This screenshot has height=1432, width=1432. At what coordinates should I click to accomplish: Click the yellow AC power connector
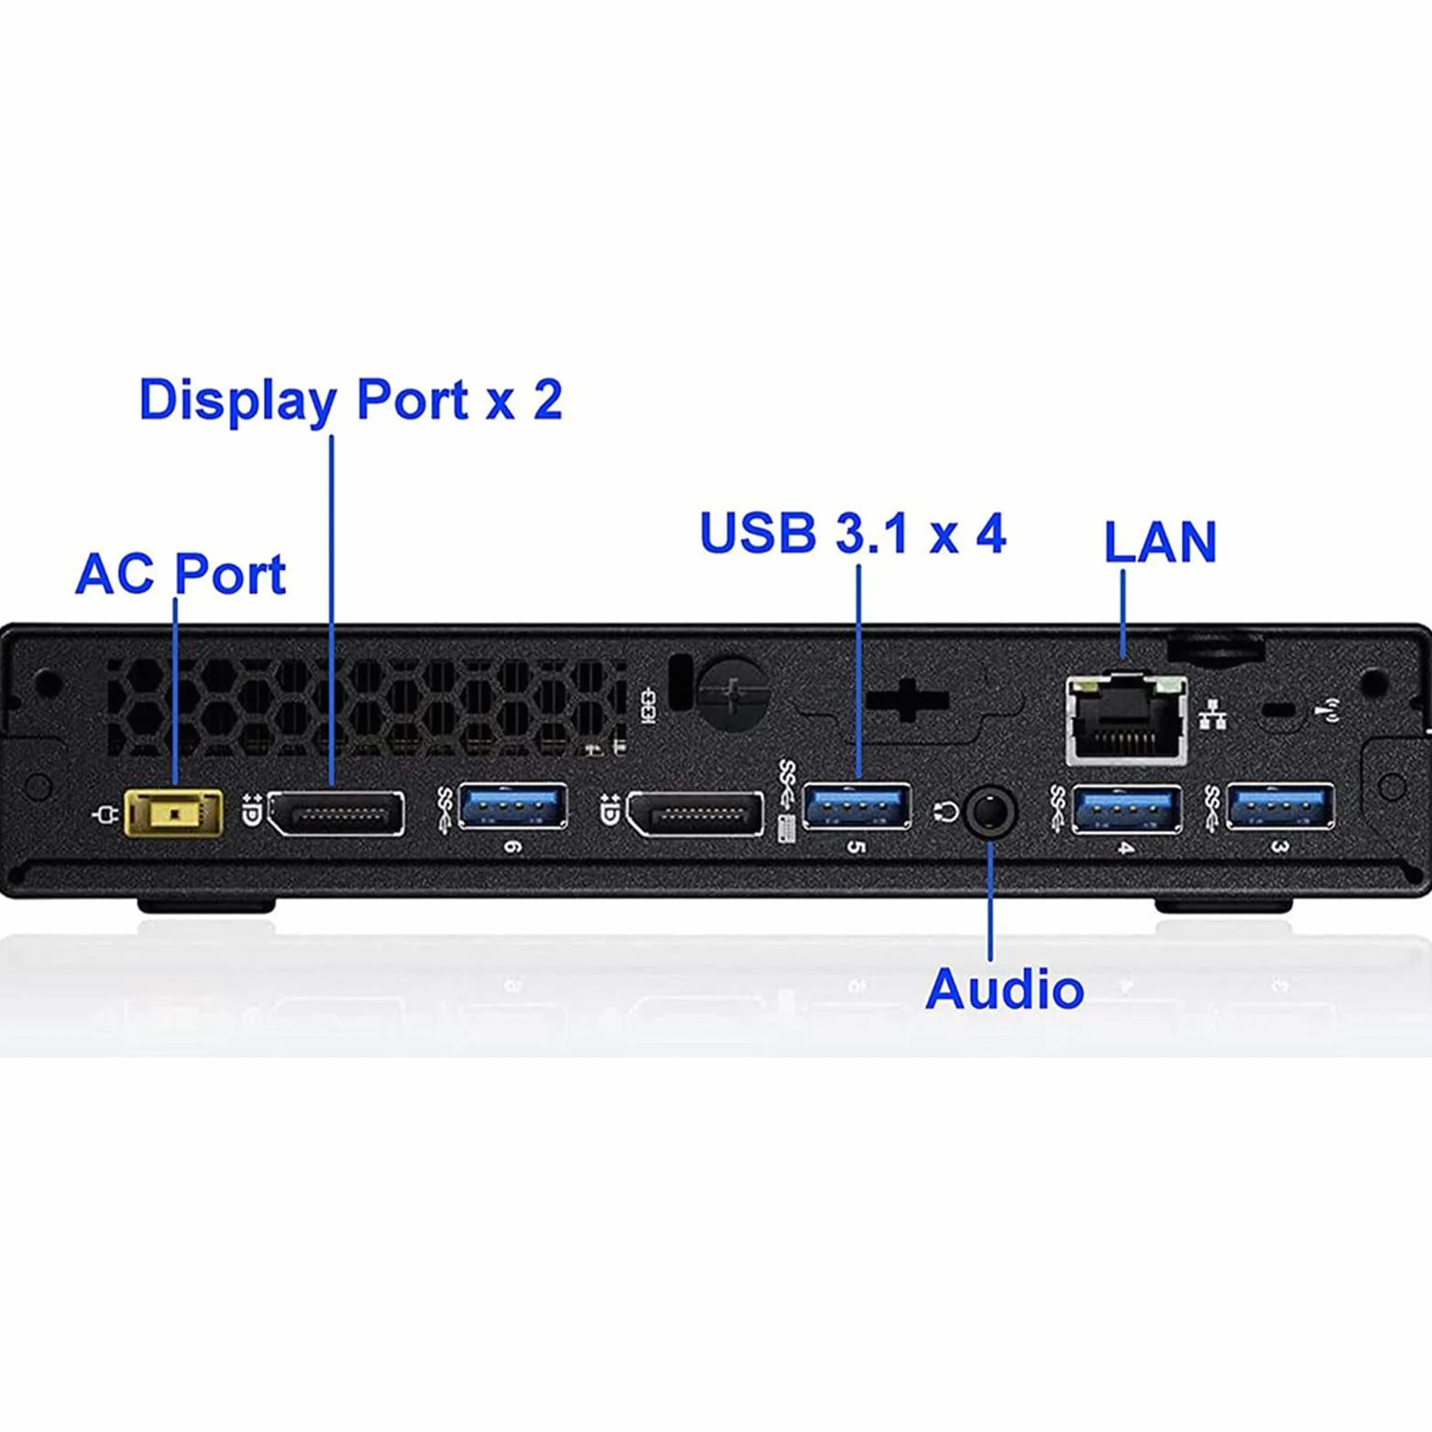pyautogui.click(x=174, y=813)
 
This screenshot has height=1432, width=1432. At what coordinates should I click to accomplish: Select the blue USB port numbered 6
pyautogui.click(x=513, y=806)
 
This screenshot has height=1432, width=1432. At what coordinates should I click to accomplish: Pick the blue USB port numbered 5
pyautogui.click(x=857, y=806)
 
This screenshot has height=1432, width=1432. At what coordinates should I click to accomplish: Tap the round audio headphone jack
pyautogui.click(x=991, y=810)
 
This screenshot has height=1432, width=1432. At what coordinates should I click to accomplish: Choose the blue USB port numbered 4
pyautogui.click(x=1127, y=809)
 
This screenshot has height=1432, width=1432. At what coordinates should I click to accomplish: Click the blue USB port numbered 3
pyautogui.click(x=1280, y=807)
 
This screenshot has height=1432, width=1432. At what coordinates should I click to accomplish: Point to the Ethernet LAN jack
pyautogui.click(x=1127, y=720)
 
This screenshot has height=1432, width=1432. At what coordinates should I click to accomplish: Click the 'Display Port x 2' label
pyautogui.click(x=351, y=401)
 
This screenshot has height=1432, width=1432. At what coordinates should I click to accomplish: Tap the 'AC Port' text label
pyautogui.click(x=181, y=574)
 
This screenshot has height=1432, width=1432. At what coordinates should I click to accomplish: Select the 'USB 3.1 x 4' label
pyautogui.click(x=852, y=532)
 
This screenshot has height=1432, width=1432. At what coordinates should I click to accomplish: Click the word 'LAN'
pyautogui.click(x=1160, y=542)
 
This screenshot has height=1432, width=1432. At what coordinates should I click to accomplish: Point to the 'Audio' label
pyautogui.click(x=1005, y=988)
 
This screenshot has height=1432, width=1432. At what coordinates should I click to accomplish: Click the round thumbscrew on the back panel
pyautogui.click(x=732, y=693)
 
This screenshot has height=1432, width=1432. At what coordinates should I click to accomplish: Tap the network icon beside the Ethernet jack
pyautogui.click(x=1212, y=714)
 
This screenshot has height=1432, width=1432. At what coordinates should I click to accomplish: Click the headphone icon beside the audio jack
pyautogui.click(x=947, y=811)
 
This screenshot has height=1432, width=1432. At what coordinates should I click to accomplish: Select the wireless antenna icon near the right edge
pyautogui.click(x=1332, y=710)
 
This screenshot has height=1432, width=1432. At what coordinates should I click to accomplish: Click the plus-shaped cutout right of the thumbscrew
pyautogui.click(x=907, y=701)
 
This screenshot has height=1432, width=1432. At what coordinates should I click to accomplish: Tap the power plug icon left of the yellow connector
pyautogui.click(x=107, y=814)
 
